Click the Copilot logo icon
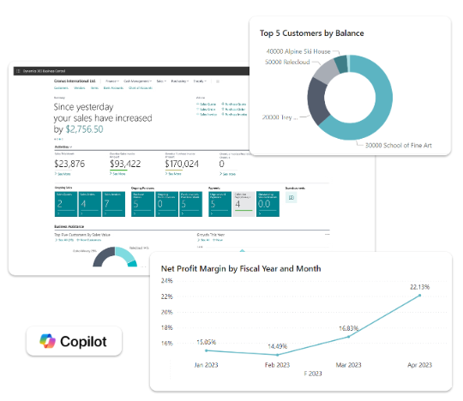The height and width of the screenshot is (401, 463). click(45, 342)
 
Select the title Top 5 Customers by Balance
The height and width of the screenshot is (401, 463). click(311, 33)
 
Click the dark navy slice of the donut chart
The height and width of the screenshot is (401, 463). click(316, 111)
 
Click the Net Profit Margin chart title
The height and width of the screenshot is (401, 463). click(241, 268)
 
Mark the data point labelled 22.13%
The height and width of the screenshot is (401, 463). click(419, 296)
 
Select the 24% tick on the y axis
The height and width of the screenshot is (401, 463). click(167, 280)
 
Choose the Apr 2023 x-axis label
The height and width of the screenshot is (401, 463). click(419, 364)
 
